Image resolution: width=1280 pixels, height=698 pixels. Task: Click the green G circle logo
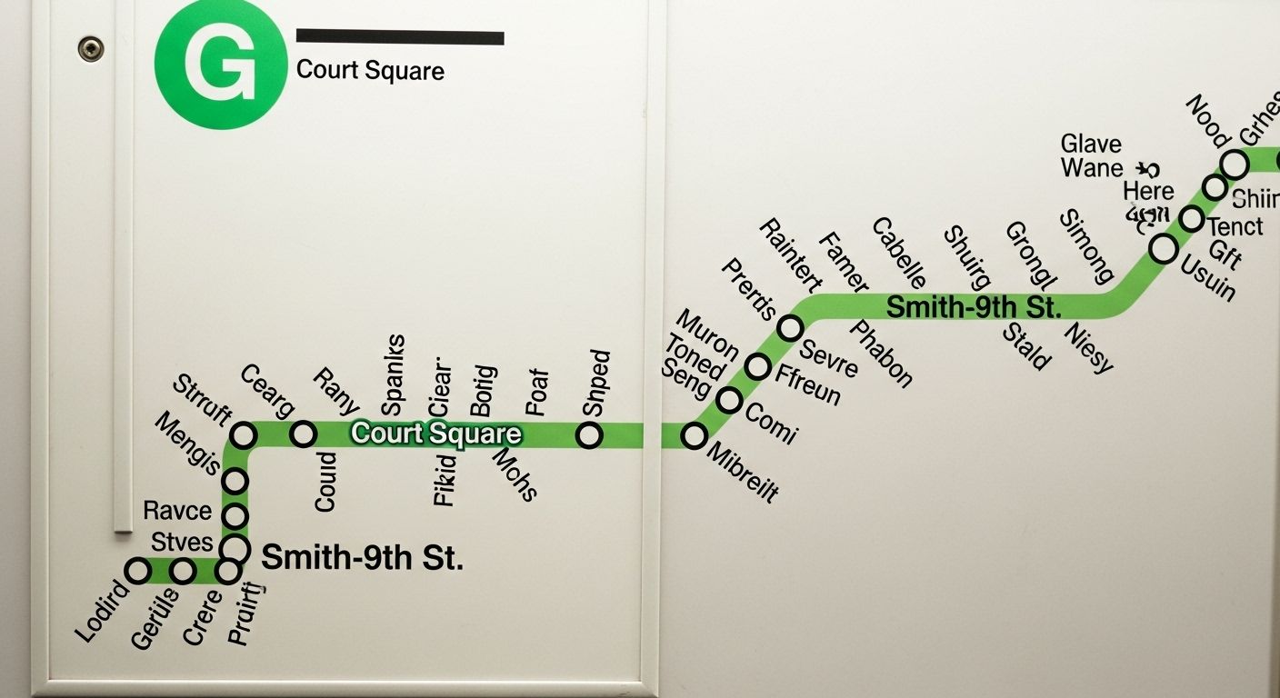220,65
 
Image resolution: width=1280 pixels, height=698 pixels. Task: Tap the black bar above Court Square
400,37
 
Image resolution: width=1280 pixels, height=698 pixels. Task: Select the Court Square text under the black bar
370,70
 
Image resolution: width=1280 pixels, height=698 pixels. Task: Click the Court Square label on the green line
436,434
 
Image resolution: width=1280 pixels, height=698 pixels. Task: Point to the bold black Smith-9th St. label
362,557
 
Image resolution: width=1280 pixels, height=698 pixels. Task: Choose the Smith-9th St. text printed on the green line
974,307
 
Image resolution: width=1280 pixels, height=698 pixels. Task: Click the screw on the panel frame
90,48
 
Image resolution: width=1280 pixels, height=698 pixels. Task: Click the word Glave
1091,145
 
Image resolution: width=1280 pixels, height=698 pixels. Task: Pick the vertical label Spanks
394,374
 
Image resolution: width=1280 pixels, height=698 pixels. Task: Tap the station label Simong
1086,246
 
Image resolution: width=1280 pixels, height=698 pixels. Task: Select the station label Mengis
187,443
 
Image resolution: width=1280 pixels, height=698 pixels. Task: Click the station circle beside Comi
729,400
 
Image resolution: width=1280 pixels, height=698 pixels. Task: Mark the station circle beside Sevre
791,328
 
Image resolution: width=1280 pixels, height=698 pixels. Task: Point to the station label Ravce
177,511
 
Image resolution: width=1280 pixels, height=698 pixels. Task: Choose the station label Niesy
1088,347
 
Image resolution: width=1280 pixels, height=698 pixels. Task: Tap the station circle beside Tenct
1192,219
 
